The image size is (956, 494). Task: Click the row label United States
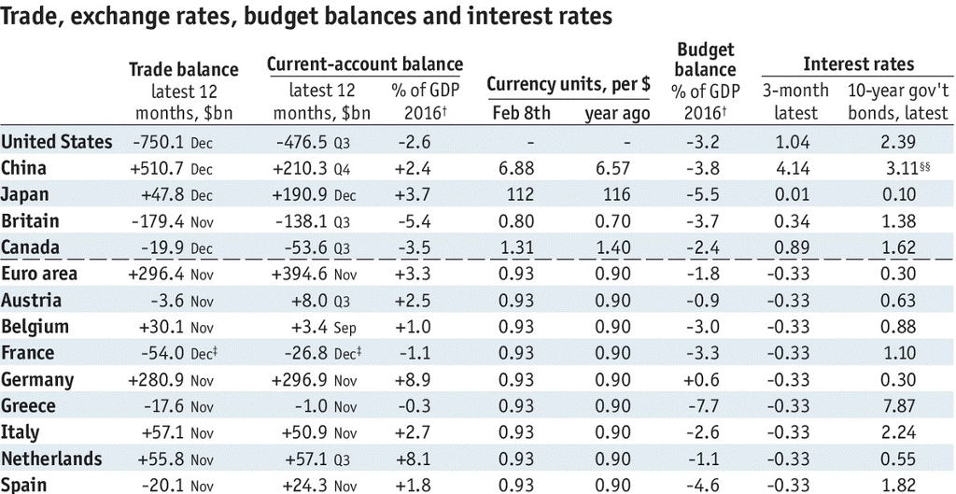pyautogui.click(x=57, y=142)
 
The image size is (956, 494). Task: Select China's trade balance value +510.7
pyautogui.click(x=161, y=169)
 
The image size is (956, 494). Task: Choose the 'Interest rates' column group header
pyautogui.click(x=858, y=64)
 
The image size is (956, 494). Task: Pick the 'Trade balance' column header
pyautogui.click(x=183, y=69)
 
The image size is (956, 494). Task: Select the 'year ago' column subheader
pyautogui.click(x=617, y=114)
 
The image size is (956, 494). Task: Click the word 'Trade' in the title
pyautogui.click(x=33, y=17)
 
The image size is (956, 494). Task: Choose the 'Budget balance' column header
pyautogui.click(x=705, y=60)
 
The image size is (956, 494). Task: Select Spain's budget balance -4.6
pyautogui.click(x=704, y=486)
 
